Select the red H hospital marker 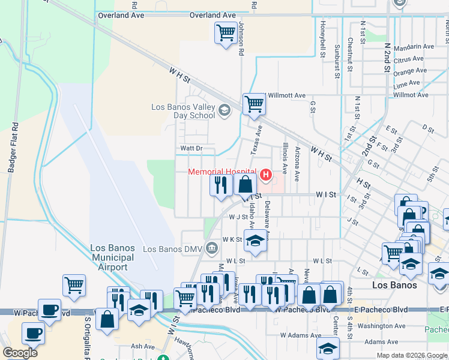point(264,175)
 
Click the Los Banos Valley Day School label point(183,111)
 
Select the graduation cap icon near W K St point(255,241)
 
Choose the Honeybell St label point(322,34)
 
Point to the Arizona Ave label point(297,162)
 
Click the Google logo point(20,353)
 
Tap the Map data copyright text point(412,355)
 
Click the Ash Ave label point(143,346)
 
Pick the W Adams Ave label point(301,335)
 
